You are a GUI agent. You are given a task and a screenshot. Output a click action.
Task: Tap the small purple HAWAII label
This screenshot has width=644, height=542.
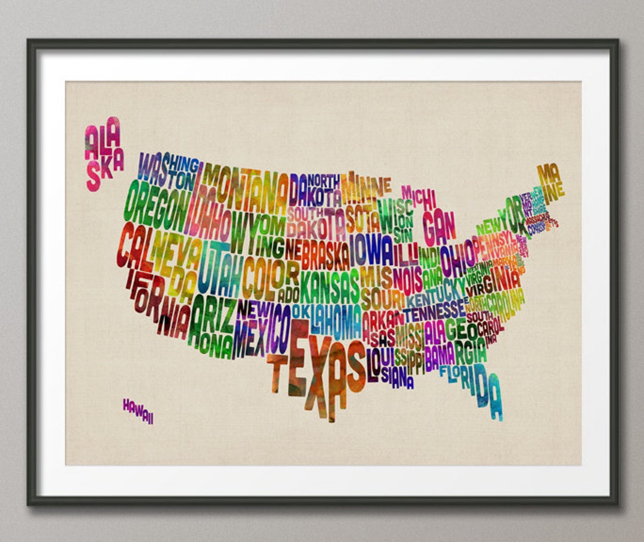pos(138,411)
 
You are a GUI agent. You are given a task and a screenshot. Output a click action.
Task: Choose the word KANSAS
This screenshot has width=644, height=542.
pos(330,286)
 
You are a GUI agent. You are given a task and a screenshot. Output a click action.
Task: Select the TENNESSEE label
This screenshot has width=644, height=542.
pos(434,310)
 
